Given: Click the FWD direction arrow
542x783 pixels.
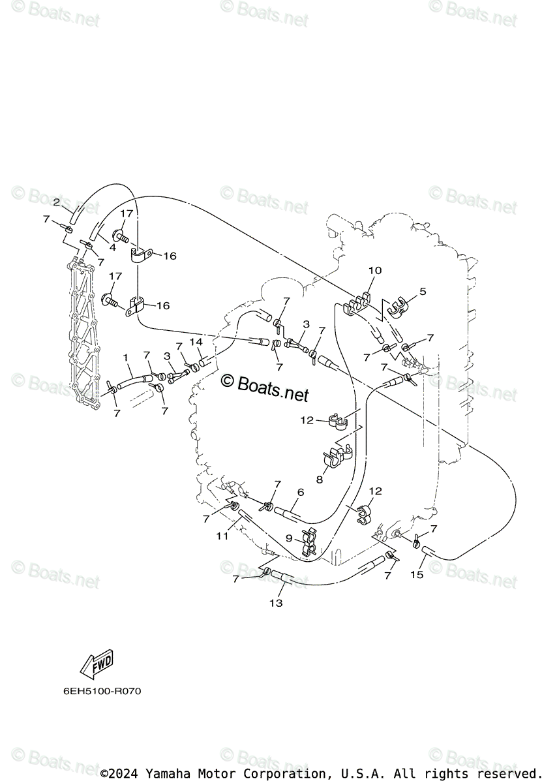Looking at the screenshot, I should click(96, 664).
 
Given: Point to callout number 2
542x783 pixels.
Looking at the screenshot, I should click(57, 202).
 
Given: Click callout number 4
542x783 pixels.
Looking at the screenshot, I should click(112, 248).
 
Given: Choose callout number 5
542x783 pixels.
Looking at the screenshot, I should click(422, 292).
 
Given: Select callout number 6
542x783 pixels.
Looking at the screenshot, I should click(301, 492).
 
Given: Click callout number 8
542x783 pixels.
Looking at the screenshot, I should click(320, 479).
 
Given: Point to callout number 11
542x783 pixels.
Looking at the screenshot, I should click(222, 536).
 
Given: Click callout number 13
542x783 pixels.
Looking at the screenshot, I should click(276, 603).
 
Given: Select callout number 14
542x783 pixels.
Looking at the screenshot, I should click(196, 342).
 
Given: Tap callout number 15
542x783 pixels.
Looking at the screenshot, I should click(417, 574).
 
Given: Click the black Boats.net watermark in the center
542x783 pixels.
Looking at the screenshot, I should click(264, 387).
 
